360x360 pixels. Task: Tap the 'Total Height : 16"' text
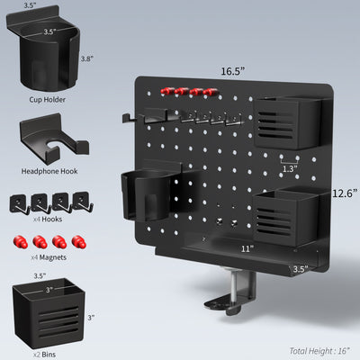319,350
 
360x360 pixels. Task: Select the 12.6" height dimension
345,193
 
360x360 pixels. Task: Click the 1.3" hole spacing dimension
289,167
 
